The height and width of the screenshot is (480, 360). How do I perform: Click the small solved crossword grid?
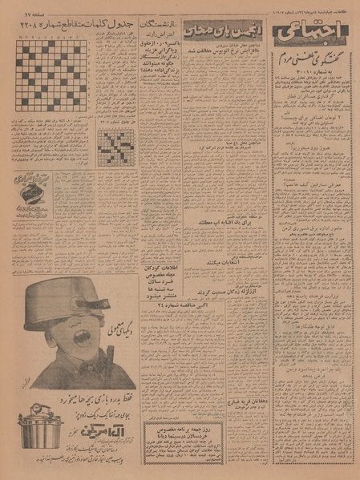pos(115,147)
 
